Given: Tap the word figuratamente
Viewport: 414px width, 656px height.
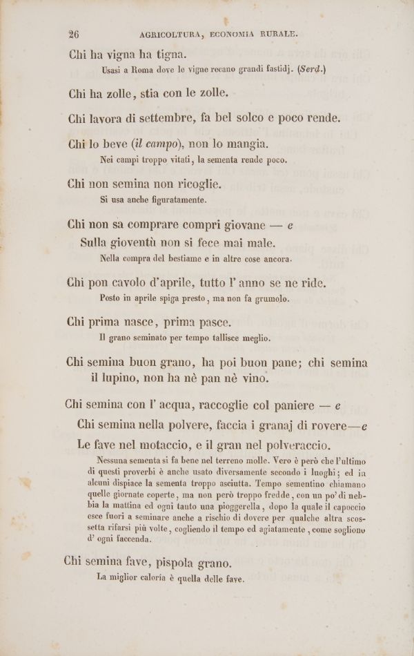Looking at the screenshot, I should tap(172, 201).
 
